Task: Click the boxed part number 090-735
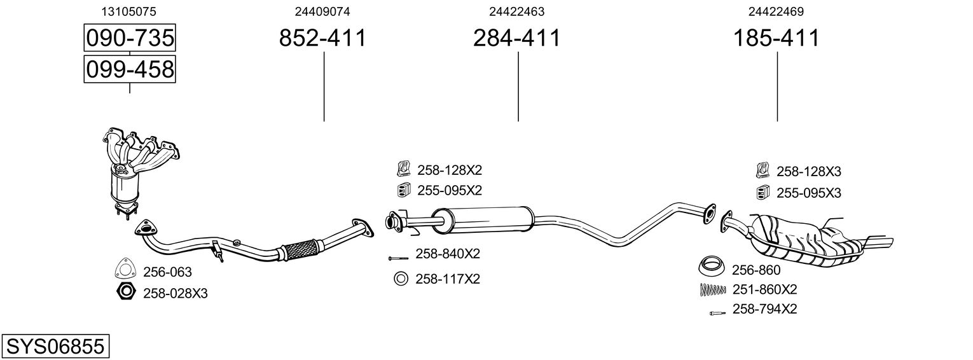pos(130,38)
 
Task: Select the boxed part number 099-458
pos(130,69)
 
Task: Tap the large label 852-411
pos(323,38)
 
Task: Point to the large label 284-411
pos(516,38)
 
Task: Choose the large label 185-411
pos(776,38)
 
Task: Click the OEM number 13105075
pos(129,11)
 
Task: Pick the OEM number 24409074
pos(322,11)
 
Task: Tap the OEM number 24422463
pos(516,11)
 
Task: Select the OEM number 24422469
pos(776,11)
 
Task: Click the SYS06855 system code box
pos(54,347)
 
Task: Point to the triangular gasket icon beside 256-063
pos(126,271)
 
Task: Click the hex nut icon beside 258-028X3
pos(126,293)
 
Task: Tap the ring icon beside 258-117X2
pos(401,279)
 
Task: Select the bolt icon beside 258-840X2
pos(398,258)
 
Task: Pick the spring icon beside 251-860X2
pos(712,290)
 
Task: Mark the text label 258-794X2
pos(764,310)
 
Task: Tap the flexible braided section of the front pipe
pos(301,249)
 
